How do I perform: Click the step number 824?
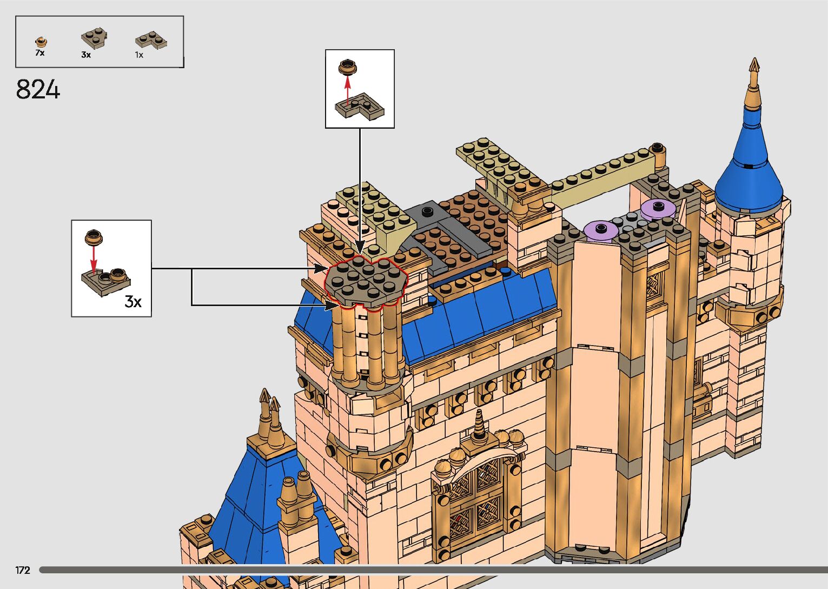[38, 89]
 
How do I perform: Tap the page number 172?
[23, 570]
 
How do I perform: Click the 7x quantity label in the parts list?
[39, 53]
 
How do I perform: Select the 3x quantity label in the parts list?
[86, 55]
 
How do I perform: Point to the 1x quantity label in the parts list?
[139, 55]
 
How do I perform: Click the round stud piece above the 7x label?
[41, 42]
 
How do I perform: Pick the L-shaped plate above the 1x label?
[150, 41]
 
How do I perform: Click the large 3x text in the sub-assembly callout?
[133, 301]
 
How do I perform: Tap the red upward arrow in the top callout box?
[348, 90]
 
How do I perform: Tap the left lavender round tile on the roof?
[601, 229]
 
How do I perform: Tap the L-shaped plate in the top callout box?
[360, 107]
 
